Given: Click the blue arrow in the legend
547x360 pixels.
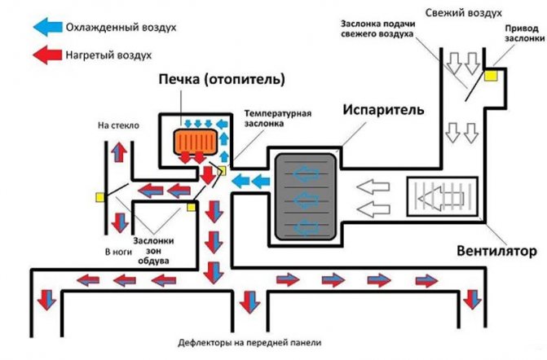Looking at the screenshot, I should [x=51, y=26].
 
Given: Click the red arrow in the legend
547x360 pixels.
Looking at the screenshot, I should [x=51, y=57].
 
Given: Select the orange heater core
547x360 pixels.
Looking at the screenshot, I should [x=196, y=139].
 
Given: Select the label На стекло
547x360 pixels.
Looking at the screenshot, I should [x=119, y=126].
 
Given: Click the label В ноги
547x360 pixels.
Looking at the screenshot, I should [x=118, y=252].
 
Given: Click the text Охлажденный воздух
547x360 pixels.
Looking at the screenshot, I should [x=122, y=26].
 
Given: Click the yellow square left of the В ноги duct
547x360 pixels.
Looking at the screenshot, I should [x=99, y=196].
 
